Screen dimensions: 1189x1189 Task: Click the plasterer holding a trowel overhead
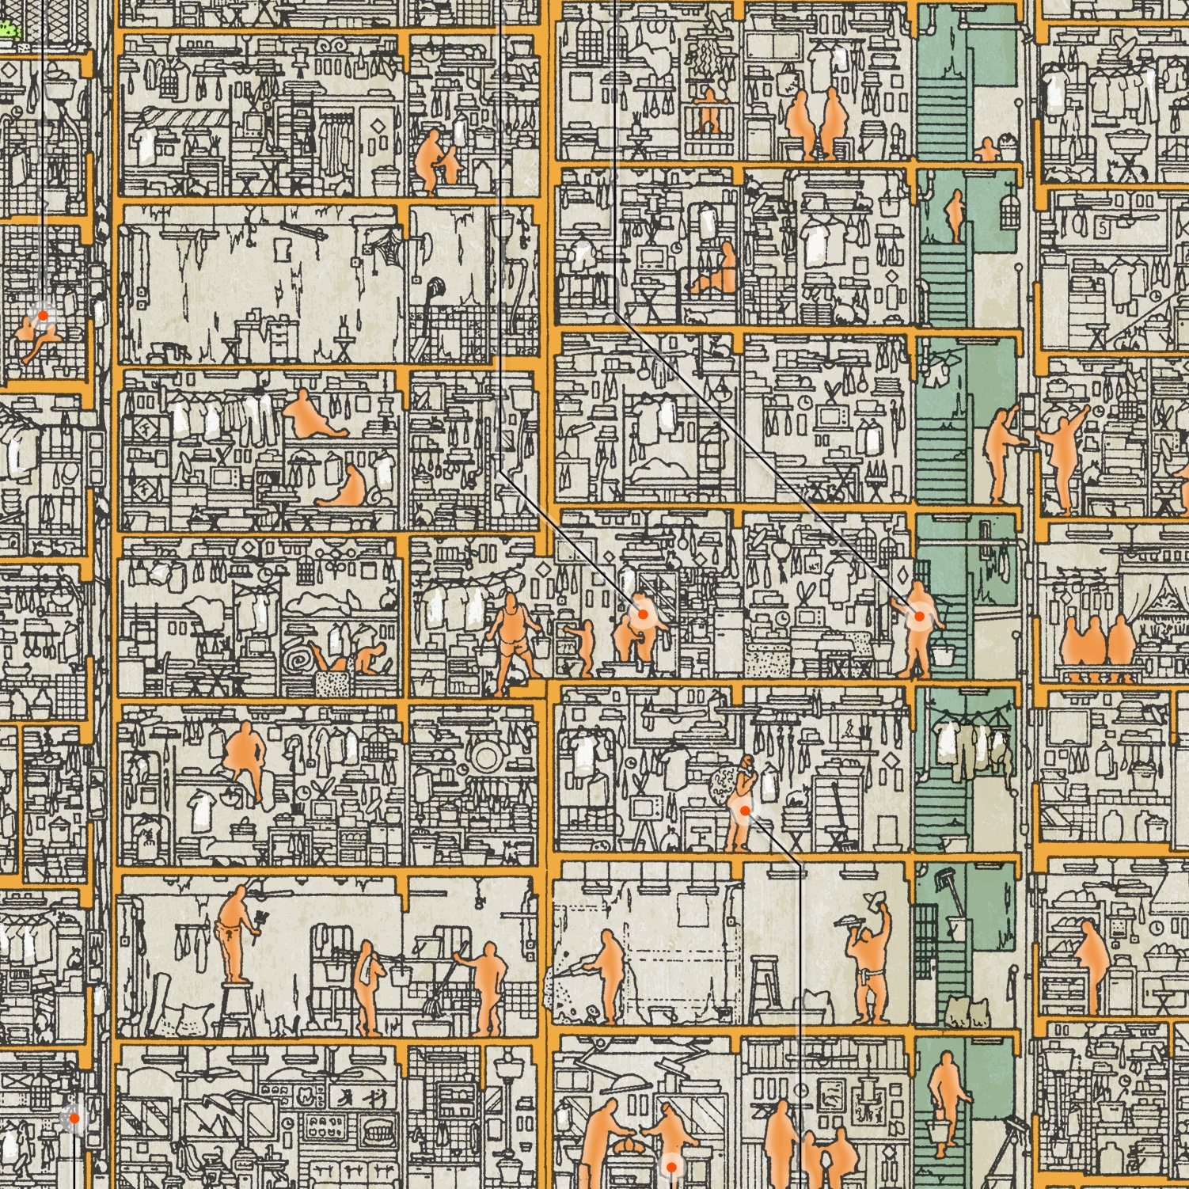[x=871, y=962]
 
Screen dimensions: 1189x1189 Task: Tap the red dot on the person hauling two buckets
[x=919, y=616]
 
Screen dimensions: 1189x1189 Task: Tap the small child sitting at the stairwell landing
[x=987, y=150]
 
